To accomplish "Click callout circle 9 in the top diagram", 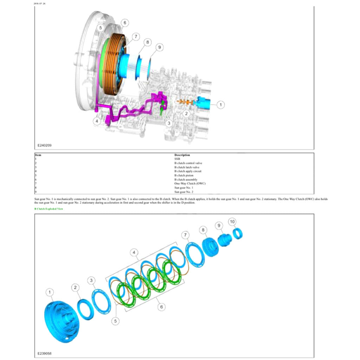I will (x=159, y=47).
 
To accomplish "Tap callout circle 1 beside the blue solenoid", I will (x=220, y=104).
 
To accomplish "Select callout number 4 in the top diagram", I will (x=97, y=121).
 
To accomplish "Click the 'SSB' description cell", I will (x=177, y=159).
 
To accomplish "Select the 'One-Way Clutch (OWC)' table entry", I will (x=190, y=184).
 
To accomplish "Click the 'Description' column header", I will (x=182, y=155).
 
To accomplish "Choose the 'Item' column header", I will (x=38, y=155).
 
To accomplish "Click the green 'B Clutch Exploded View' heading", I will (x=49, y=209).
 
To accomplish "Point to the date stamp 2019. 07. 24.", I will (x=40, y=4).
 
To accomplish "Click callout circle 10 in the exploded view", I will (x=232, y=222).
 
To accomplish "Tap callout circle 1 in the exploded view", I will (x=50, y=292).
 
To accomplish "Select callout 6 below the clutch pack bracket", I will (x=161, y=307).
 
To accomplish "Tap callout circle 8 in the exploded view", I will (x=203, y=230).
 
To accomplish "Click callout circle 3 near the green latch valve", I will (x=169, y=123).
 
